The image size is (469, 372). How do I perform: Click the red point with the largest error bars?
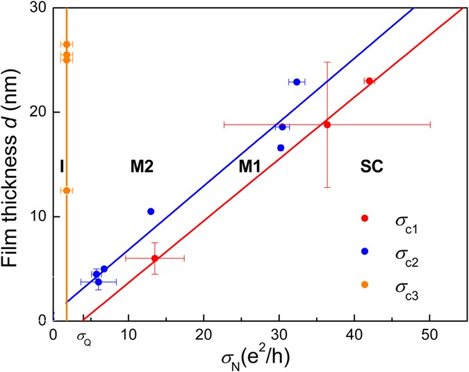tap(327, 124)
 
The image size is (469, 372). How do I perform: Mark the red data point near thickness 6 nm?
tap(155, 258)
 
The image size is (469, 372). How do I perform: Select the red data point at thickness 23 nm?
tap(370, 81)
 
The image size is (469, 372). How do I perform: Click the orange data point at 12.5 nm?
tap(66, 190)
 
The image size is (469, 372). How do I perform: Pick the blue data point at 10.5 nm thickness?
tap(151, 211)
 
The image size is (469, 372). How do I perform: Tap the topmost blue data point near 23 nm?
tap(297, 82)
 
